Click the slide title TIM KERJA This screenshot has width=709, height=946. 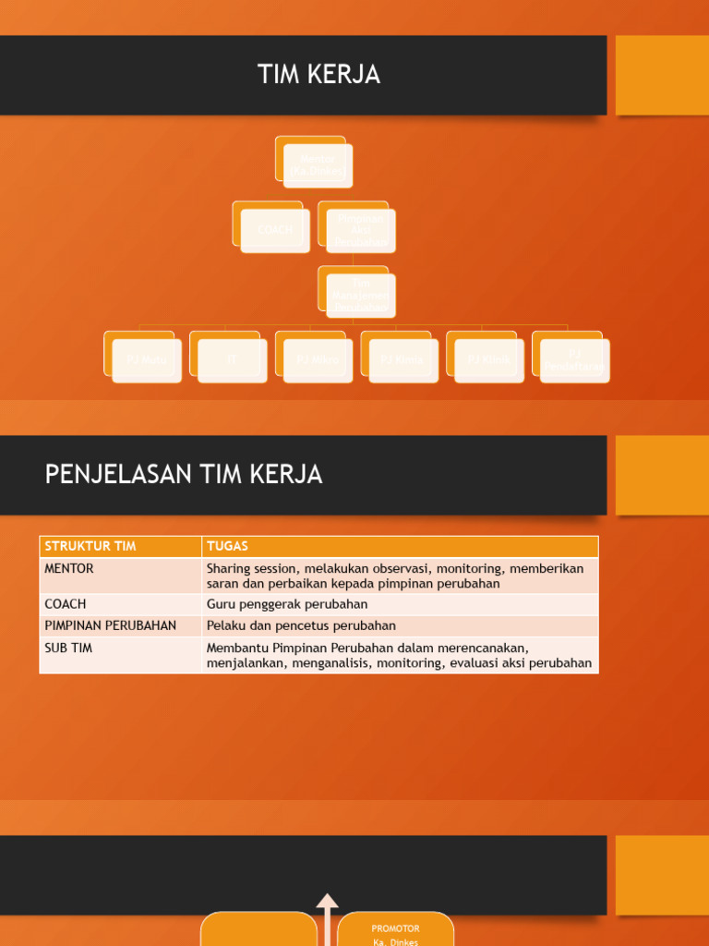click(318, 76)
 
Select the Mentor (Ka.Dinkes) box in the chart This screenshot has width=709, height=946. click(318, 165)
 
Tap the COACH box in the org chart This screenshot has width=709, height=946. click(275, 230)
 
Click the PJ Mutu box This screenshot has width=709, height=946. click(147, 359)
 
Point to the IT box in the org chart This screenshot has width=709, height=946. click(232, 359)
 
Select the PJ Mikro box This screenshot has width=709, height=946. click(318, 359)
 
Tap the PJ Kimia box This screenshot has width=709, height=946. click(403, 359)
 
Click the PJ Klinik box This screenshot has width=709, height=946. click(488, 359)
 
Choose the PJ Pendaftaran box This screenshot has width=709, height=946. click(574, 360)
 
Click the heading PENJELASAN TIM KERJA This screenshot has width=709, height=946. click(184, 475)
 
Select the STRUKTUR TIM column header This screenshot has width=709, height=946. click(90, 546)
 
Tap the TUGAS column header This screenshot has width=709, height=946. click(227, 546)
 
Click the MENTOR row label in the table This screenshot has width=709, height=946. click(69, 568)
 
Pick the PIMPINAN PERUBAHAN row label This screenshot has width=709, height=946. click(110, 625)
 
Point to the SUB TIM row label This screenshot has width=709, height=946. click(68, 648)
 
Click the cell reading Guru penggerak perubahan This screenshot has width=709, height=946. click(287, 604)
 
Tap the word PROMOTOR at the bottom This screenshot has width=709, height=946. click(395, 928)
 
